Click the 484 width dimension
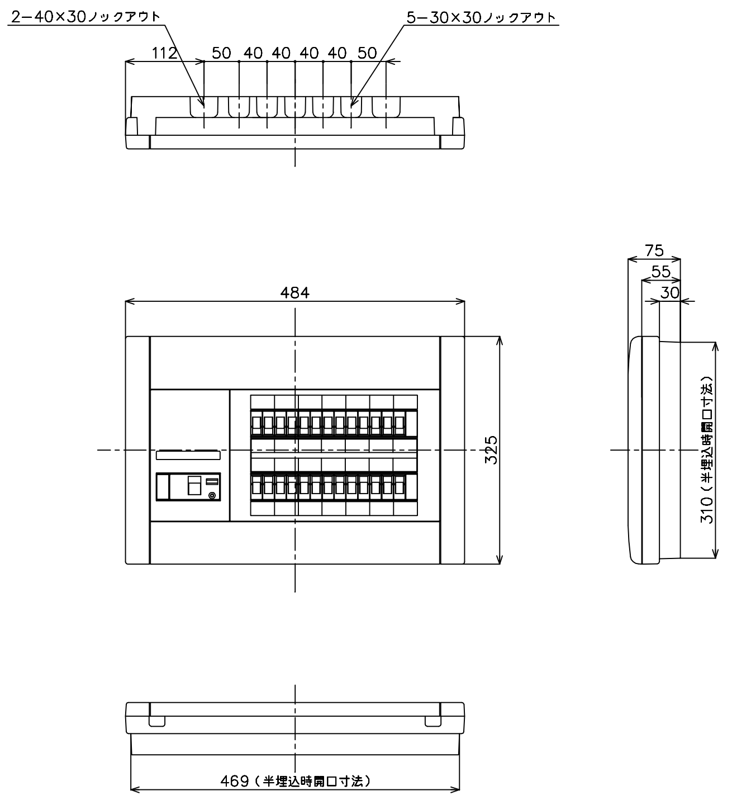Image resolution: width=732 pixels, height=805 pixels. [x=295, y=292]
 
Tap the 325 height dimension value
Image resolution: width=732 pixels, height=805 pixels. [x=491, y=449]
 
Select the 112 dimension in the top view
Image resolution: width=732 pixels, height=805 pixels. [x=164, y=53]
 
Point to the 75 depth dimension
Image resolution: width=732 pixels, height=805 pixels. [x=654, y=250]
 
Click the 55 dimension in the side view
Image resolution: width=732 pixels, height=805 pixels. [x=660, y=272]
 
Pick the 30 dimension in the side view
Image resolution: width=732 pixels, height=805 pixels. [x=670, y=292]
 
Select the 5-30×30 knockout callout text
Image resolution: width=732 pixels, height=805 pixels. [x=481, y=17]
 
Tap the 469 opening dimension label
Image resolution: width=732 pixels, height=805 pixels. [x=295, y=780]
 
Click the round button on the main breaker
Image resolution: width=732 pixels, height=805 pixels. [x=211, y=496]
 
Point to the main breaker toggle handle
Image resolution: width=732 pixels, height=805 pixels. [x=194, y=485]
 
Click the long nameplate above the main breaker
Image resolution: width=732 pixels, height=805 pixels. [x=188, y=455]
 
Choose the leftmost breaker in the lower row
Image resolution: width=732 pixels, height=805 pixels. [x=256, y=487]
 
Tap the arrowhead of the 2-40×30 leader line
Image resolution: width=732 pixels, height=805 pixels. [x=203, y=106]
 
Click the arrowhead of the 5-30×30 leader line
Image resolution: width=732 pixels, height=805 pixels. [x=351, y=106]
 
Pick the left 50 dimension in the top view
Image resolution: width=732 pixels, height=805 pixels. [x=221, y=53]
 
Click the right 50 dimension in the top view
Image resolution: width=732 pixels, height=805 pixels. [x=367, y=53]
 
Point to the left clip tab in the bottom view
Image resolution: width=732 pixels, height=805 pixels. [x=157, y=721]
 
